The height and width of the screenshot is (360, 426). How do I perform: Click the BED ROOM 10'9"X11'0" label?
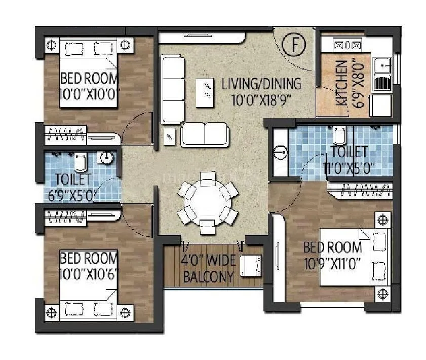click(x=333, y=256)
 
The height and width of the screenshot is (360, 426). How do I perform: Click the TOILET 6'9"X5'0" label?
click(x=74, y=187)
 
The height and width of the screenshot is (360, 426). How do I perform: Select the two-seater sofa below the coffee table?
click(x=205, y=134)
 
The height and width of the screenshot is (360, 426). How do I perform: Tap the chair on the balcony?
click(x=250, y=266)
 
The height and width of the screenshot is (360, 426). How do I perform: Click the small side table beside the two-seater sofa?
click(x=169, y=135)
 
